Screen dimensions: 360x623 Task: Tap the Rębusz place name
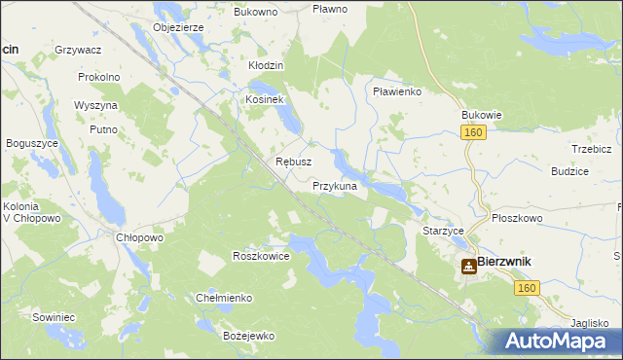pos(293,162)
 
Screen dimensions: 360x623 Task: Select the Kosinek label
pos(263,100)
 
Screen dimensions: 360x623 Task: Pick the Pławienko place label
pos(396,91)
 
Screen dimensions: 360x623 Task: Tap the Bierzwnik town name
pos(511,263)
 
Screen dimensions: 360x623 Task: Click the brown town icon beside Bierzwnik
pos(468,265)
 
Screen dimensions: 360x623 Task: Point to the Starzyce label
pos(443,232)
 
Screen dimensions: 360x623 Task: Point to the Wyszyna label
pos(95,105)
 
